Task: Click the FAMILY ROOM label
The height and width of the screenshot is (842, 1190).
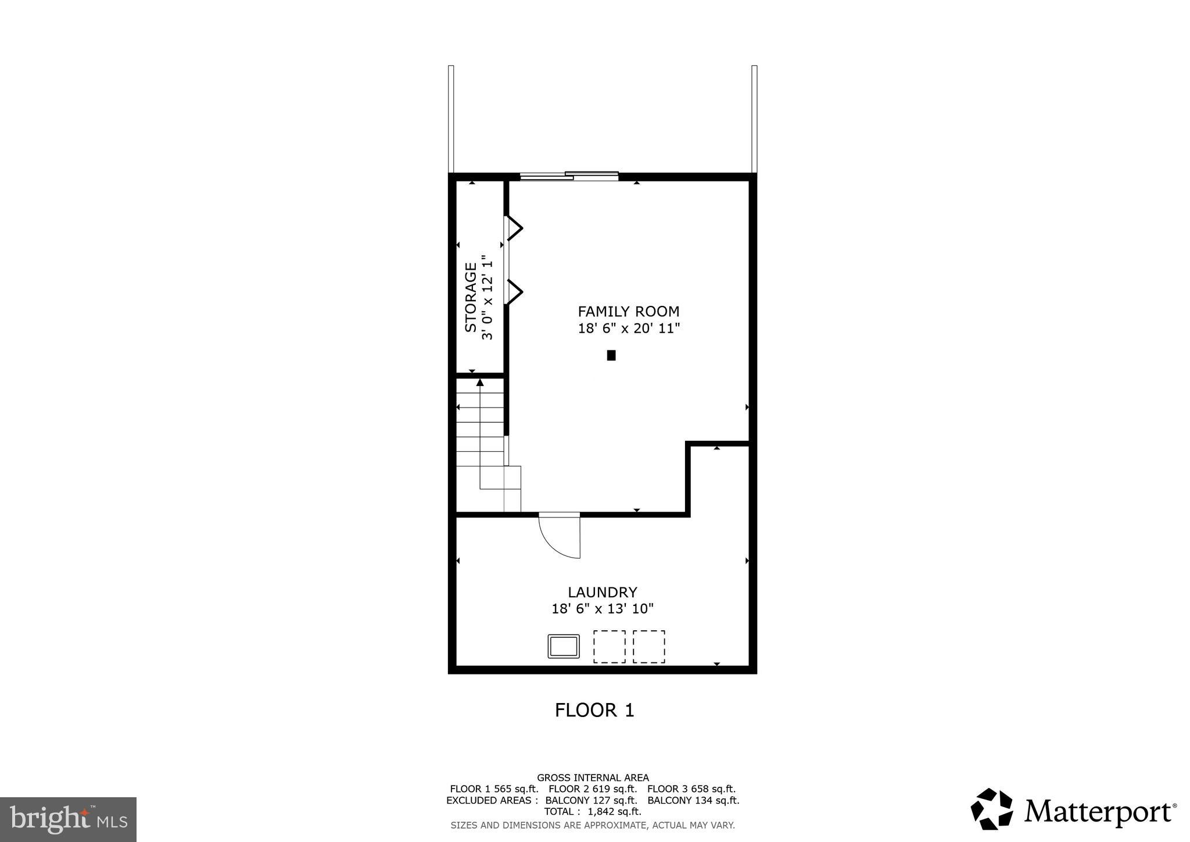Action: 628,312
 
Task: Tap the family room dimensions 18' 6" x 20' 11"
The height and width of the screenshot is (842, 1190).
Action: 629,329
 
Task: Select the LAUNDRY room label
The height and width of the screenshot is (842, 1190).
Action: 603,593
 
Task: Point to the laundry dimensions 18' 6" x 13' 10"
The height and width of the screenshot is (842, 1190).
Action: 603,609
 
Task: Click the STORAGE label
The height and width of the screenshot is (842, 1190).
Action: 471,297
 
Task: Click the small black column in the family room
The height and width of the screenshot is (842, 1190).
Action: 611,355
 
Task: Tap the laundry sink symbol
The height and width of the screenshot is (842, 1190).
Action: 564,647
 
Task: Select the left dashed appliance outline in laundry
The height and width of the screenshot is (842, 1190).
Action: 609,647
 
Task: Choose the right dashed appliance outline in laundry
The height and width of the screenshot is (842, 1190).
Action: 649,647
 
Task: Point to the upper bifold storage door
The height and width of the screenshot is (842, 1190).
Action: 514,228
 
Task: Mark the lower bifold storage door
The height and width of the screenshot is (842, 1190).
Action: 514,291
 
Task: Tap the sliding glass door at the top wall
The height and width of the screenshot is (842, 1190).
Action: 569,176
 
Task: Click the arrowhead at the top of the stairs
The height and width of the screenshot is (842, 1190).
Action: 480,382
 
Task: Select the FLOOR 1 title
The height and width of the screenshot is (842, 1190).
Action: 594,711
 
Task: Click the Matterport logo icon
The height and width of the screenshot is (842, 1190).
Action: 992,809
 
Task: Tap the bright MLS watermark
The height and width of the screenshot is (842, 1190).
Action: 68,819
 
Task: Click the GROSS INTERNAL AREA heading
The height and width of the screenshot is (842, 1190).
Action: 593,777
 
